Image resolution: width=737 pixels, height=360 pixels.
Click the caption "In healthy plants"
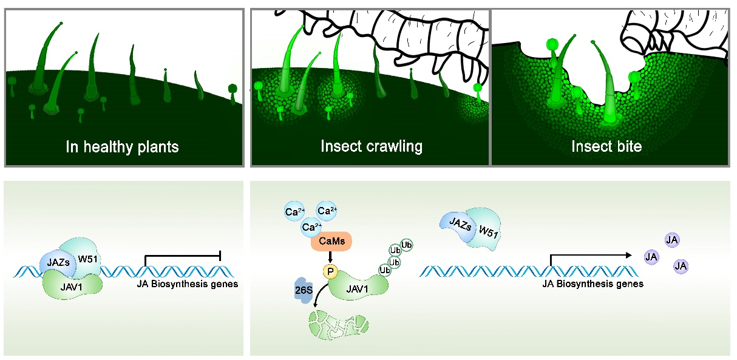[x=123, y=147]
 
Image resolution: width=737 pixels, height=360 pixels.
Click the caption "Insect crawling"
[x=372, y=147]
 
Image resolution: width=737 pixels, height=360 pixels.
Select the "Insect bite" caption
[x=606, y=147]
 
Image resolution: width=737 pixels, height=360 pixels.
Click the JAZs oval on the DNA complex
[x=58, y=262]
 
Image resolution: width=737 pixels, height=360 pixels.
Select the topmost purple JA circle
[x=672, y=240]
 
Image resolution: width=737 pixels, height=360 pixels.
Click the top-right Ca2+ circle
[x=328, y=211]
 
